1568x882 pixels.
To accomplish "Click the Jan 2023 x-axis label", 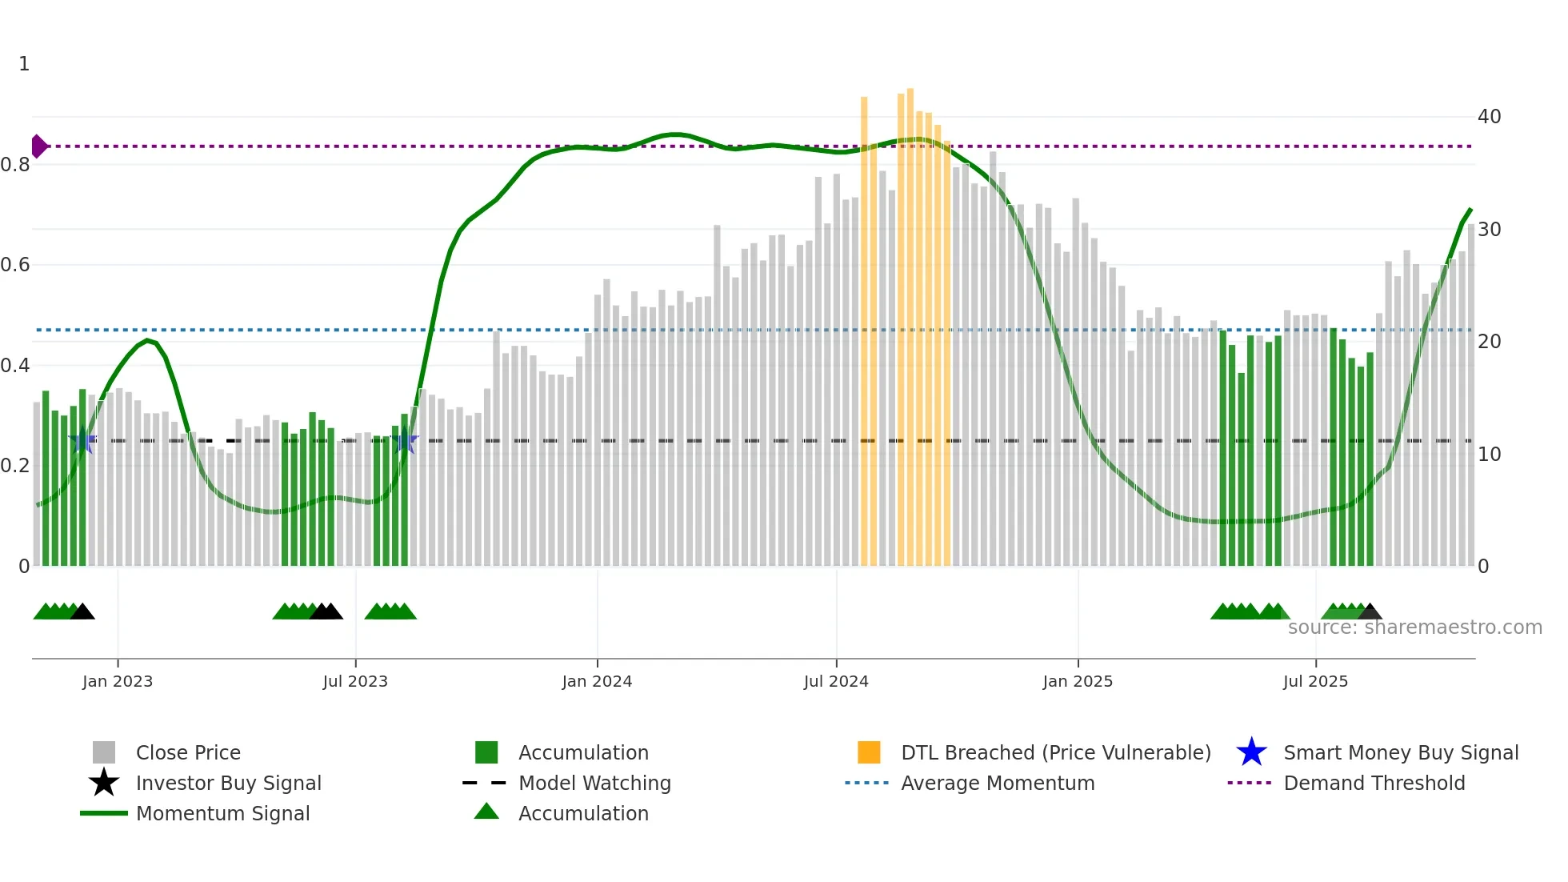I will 117,681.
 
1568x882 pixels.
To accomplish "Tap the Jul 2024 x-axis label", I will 836,681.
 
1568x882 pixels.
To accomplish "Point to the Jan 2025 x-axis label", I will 1078,681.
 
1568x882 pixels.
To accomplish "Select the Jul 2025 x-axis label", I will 1315,681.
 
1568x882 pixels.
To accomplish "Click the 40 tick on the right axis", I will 1489,117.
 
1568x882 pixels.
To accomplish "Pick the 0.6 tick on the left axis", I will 15,265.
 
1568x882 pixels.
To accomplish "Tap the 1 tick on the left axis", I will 24,64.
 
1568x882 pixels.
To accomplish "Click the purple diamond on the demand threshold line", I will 38,146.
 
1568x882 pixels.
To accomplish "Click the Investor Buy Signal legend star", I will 104,783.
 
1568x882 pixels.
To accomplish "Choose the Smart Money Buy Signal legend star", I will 1251,752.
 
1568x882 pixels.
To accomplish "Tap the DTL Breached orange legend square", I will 869,752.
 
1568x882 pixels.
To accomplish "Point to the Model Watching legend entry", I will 594,783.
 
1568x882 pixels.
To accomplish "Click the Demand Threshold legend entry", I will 1374,783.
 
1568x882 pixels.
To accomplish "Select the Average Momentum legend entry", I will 998,783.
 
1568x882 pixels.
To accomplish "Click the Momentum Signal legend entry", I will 222,813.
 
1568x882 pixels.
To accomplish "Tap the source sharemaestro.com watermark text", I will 1414,627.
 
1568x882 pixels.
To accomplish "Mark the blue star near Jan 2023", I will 83,440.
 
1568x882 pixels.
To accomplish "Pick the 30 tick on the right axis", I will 1489,230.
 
